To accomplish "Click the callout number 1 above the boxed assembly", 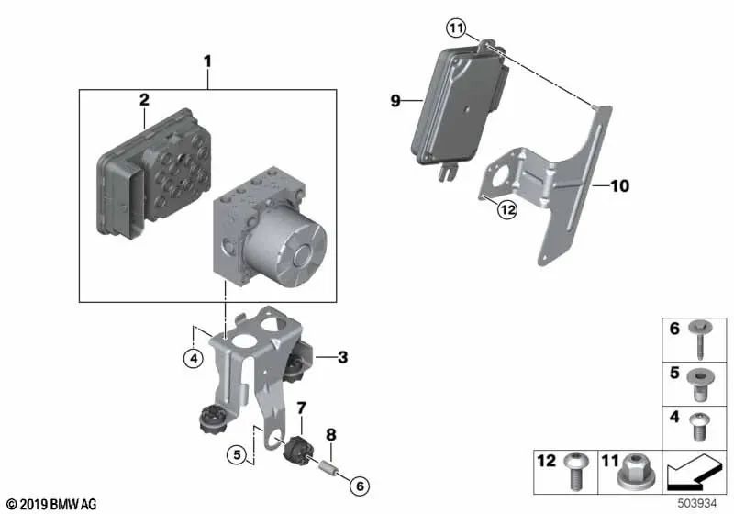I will pyautogui.click(x=207, y=61).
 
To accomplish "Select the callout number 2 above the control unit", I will pyautogui.click(x=144, y=100).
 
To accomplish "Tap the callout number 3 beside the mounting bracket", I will pyautogui.click(x=342, y=357).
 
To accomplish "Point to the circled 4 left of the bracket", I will pyautogui.click(x=192, y=359).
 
